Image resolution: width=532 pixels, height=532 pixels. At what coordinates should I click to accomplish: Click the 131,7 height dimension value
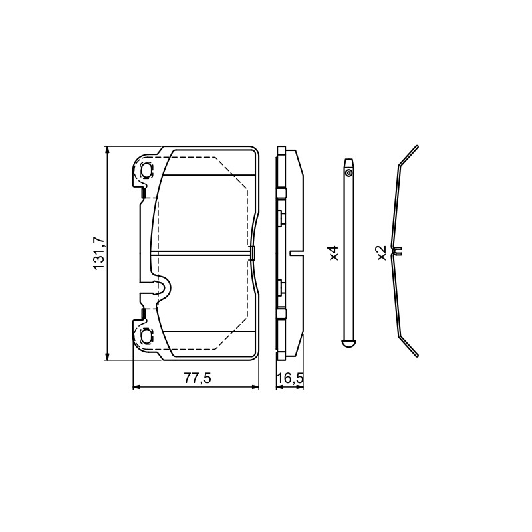(99, 253)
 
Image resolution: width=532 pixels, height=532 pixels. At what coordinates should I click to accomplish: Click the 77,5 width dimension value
(198, 378)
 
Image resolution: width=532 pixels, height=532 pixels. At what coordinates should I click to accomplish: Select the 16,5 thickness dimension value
(290, 378)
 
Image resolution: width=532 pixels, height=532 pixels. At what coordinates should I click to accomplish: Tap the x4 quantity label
(334, 253)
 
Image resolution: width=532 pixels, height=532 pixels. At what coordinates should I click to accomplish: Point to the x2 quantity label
(382, 253)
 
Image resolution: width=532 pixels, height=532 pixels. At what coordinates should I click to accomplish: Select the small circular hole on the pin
(348, 174)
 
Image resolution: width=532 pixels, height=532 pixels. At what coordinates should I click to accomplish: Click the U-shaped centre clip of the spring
(397, 251)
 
